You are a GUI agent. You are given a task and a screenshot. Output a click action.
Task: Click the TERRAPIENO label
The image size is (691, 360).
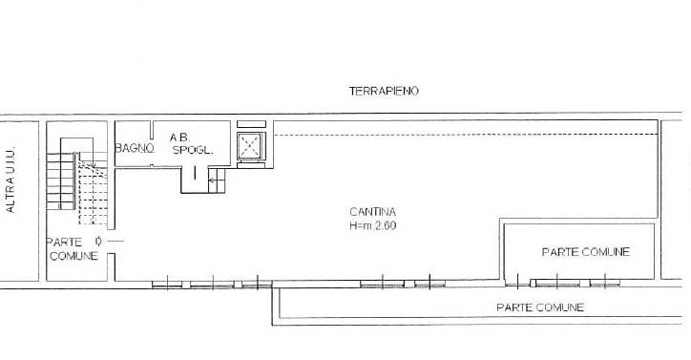[x=384, y=91]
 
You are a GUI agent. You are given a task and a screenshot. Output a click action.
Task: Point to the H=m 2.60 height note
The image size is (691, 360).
[x=373, y=225]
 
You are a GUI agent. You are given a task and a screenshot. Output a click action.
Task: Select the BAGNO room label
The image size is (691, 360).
[x=135, y=148]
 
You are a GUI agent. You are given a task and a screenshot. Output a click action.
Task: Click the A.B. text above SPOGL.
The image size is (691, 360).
[x=179, y=138]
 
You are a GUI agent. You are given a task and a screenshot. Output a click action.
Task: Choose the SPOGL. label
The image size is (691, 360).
[x=193, y=150]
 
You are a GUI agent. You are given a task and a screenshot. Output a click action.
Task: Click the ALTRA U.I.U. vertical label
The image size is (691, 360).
[x=10, y=180]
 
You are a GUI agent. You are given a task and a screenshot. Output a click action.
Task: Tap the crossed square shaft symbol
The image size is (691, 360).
[x=250, y=145]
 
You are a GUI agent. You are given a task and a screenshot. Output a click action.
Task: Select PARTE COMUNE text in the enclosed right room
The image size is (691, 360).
[x=586, y=252]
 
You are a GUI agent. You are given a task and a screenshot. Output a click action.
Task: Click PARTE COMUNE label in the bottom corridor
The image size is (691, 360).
[x=540, y=307]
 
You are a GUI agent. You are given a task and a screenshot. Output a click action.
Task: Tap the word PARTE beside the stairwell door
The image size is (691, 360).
[x=64, y=243]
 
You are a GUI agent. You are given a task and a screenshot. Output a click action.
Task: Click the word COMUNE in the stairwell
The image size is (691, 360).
[x=73, y=256]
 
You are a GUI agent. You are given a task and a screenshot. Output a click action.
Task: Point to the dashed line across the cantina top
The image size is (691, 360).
[x=466, y=134]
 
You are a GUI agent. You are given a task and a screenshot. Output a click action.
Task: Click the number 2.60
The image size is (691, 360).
[x=386, y=225]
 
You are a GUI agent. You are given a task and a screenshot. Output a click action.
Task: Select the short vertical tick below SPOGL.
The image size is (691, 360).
[x=195, y=173]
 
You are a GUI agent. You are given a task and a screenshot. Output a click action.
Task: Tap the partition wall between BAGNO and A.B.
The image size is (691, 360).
[x=152, y=130]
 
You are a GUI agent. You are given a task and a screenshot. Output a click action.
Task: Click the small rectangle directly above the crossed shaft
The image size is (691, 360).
[x=252, y=124]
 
